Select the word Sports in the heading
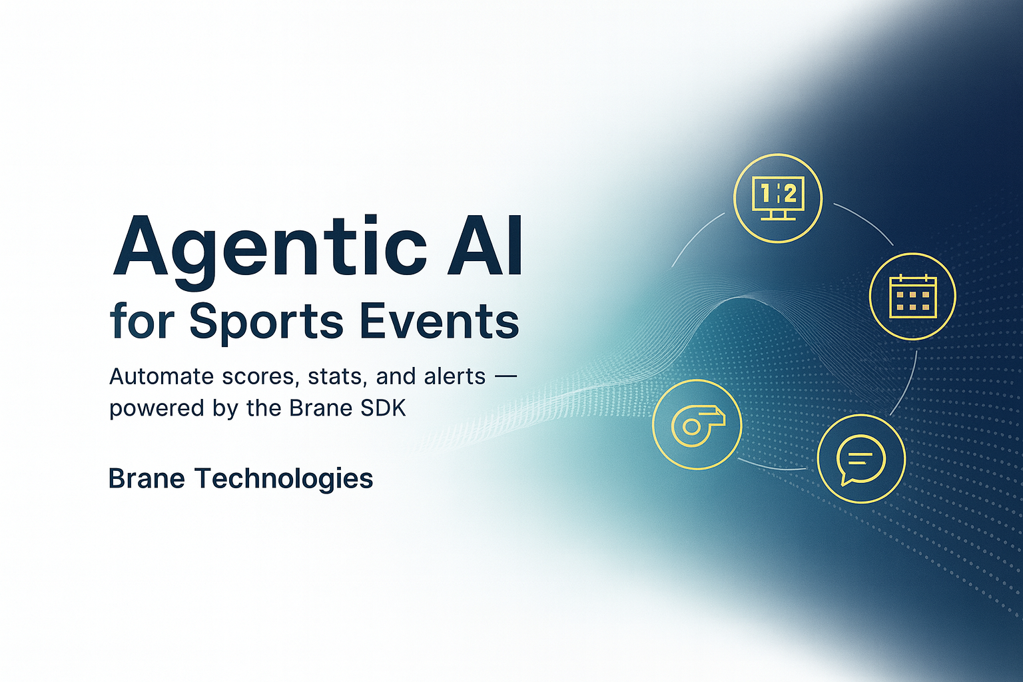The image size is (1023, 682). (266, 322)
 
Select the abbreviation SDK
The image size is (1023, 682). (383, 408)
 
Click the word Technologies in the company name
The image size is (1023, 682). (284, 479)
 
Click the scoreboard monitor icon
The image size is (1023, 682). (778, 198)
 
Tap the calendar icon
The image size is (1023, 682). (912, 296)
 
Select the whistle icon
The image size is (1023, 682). (697, 424)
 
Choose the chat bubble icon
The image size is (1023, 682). (861, 459)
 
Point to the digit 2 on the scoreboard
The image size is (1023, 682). (790, 194)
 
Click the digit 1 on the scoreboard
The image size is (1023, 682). (765, 194)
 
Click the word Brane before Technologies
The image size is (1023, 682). (146, 479)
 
